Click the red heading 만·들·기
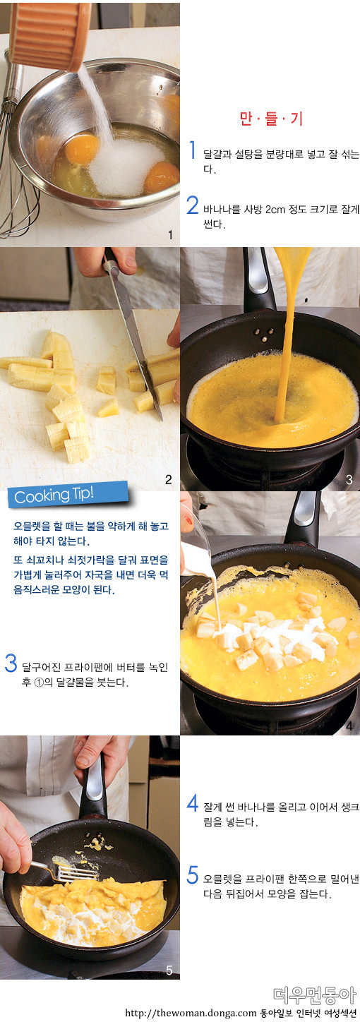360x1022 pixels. (x=272, y=119)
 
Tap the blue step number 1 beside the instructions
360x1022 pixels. (x=193, y=150)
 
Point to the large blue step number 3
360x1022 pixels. (x=11, y=663)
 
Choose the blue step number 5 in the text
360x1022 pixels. (x=193, y=875)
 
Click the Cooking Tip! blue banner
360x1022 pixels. (x=68, y=494)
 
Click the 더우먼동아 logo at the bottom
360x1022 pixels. (x=314, y=995)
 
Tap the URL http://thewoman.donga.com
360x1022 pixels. (x=191, y=1014)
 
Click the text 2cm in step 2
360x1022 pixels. (x=275, y=210)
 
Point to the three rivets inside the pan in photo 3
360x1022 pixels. (x=264, y=335)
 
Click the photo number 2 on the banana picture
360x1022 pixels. (x=169, y=479)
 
